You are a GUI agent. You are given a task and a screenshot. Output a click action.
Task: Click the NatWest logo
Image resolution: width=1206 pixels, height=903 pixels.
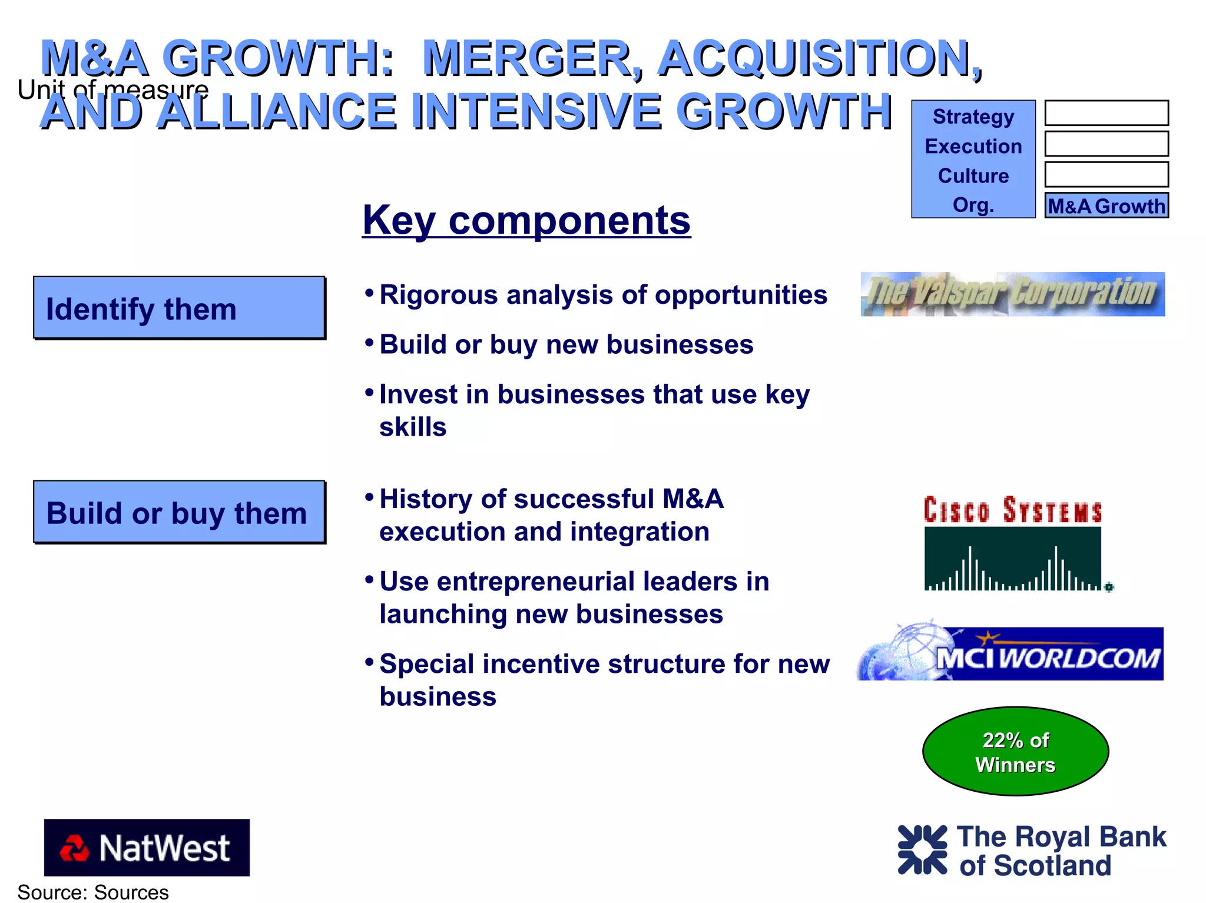[147, 847]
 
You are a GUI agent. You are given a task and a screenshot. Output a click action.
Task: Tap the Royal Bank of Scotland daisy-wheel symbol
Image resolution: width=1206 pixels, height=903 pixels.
[922, 849]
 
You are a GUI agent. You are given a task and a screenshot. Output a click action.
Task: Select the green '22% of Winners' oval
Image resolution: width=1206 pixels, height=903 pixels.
[1015, 752]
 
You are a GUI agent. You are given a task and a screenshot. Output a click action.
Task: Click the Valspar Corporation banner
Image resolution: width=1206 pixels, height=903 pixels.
[1012, 294]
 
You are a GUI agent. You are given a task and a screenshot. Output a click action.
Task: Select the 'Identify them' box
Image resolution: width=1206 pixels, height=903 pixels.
[179, 308]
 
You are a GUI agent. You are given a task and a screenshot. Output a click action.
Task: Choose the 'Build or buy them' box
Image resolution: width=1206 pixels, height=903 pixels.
[179, 512]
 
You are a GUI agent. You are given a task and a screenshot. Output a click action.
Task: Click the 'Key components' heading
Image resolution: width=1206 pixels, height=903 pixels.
[526, 220]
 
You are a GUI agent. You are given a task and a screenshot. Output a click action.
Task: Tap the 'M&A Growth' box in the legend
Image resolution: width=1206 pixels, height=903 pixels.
[1106, 205]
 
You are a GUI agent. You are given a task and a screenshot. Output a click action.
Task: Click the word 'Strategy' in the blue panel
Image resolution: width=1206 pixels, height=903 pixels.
[973, 117]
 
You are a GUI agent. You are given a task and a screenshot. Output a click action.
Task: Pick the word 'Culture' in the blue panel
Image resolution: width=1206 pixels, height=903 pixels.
[973, 175]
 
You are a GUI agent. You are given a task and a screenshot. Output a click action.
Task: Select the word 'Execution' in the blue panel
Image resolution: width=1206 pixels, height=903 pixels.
[973, 146]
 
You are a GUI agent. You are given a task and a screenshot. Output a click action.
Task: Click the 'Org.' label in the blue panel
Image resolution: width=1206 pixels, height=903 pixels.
[973, 205]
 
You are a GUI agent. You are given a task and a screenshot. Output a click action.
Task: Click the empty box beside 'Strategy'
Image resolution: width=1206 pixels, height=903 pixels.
[1106, 112]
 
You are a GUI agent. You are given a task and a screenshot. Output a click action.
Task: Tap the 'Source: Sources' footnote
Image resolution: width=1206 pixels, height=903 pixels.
[93, 892]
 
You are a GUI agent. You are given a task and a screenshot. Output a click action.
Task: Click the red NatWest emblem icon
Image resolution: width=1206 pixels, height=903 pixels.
[74, 848]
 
